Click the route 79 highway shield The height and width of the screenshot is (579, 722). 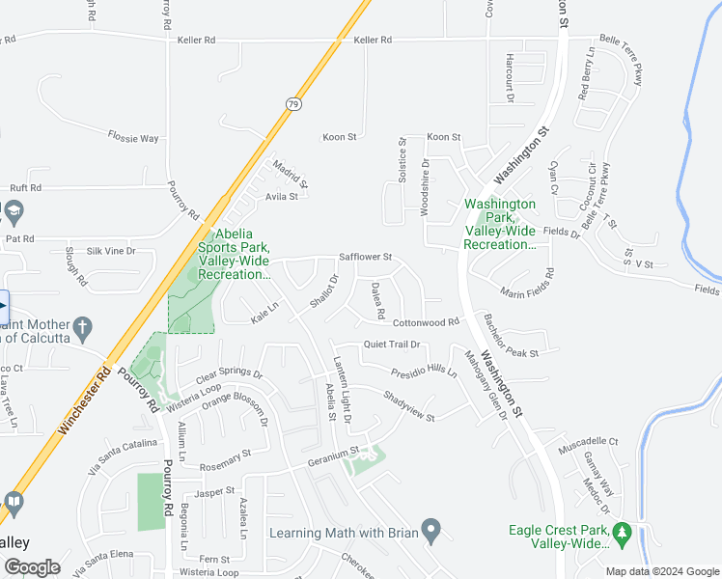[292, 101]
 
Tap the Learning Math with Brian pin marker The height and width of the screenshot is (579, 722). [431, 530]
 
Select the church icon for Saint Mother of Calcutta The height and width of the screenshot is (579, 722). [84, 328]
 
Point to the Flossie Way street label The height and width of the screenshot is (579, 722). [133, 138]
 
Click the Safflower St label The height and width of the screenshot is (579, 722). [365, 258]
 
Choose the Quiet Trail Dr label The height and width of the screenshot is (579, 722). [392, 345]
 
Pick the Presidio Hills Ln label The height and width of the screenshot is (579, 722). [424, 371]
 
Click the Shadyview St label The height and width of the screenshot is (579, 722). [408, 405]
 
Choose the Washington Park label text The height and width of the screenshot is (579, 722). [499, 225]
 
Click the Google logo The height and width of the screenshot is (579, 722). [32, 566]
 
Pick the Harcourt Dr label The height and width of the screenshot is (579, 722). [509, 72]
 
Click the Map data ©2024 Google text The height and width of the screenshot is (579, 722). [662, 571]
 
